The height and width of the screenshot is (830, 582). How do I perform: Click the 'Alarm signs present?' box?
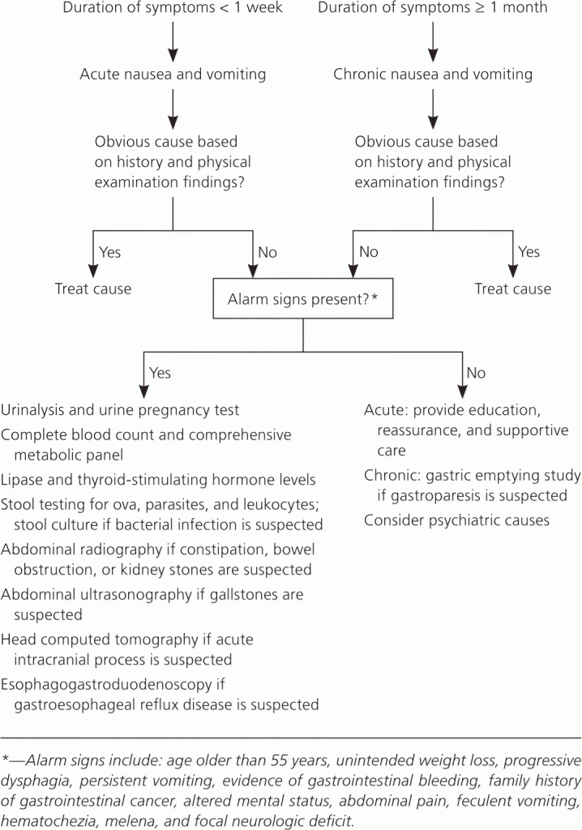(x=303, y=298)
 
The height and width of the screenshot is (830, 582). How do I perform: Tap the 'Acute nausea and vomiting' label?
(x=173, y=74)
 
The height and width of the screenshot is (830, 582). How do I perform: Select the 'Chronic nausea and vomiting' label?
(x=433, y=74)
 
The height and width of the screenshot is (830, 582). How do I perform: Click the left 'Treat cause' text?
(x=93, y=289)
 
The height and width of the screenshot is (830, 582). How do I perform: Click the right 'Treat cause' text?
(x=512, y=289)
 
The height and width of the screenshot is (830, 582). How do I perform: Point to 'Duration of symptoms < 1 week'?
(x=173, y=8)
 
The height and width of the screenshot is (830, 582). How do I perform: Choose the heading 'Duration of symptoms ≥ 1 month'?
(x=433, y=8)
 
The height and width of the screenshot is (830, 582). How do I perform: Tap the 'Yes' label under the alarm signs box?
(x=160, y=373)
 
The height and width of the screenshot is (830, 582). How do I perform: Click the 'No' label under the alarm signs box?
(x=476, y=373)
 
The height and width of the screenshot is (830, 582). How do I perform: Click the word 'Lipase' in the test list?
(x=18, y=480)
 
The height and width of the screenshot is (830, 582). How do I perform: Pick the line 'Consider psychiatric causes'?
(x=456, y=520)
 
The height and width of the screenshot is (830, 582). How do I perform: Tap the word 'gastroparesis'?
(x=439, y=496)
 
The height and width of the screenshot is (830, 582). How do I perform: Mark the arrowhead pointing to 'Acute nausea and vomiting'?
(x=173, y=55)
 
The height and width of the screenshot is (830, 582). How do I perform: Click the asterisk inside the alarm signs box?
(x=375, y=297)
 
